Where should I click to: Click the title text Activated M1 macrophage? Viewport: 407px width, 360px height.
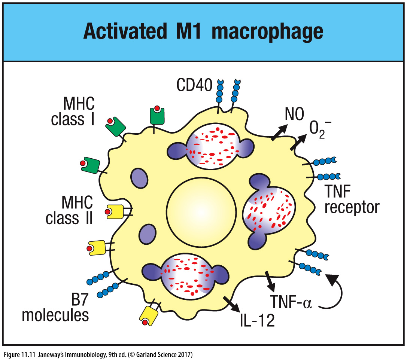click(x=203, y=32)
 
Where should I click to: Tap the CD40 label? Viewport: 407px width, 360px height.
click(x=194, y=86)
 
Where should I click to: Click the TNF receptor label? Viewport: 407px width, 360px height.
click(x=352, y=200)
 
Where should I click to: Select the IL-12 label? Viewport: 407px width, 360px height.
click(x=257, y=320)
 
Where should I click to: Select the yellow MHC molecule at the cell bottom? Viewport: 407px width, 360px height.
click(x=149, y=315)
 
